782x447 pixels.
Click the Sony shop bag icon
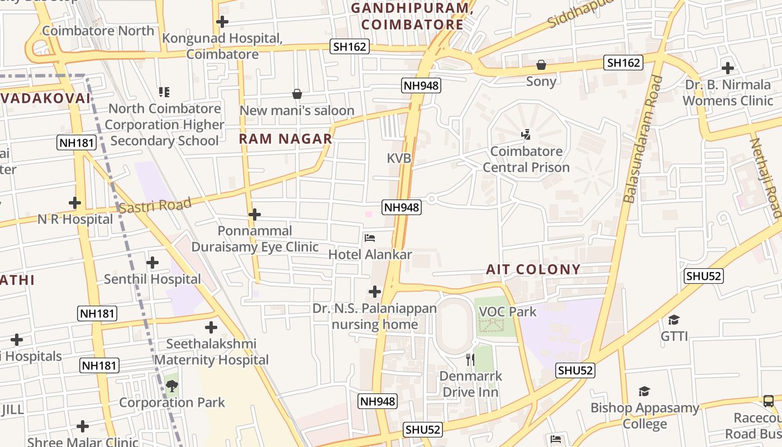tap(541, 65)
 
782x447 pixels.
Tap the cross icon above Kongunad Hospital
tap(222, 22)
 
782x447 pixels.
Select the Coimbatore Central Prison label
tap(526, 159)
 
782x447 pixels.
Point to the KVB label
tap(399, 158)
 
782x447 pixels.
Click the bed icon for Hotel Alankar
tap(370, 238)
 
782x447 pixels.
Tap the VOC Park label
tap(507, 312)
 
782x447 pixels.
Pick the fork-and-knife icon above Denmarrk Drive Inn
tap(470, 359)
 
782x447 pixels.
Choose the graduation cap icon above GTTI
tap(674, 320)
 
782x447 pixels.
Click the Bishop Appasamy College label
tap(645, 416)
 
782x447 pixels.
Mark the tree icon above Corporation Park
tap(172, 386)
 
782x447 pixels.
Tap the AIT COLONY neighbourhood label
tap(533, 269)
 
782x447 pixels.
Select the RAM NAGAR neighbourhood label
tap(285, 139)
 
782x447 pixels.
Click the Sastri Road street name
tap(155, 205)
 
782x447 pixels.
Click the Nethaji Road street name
tap(765, 177)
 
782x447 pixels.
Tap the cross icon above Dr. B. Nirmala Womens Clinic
tap(727, 68)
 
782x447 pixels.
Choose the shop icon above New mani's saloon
tap(297, 94)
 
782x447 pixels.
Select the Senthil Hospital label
tap(152, 279)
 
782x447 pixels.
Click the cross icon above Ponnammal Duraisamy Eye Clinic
tap(255, 215)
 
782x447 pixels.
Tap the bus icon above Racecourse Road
tap(769, 401)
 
